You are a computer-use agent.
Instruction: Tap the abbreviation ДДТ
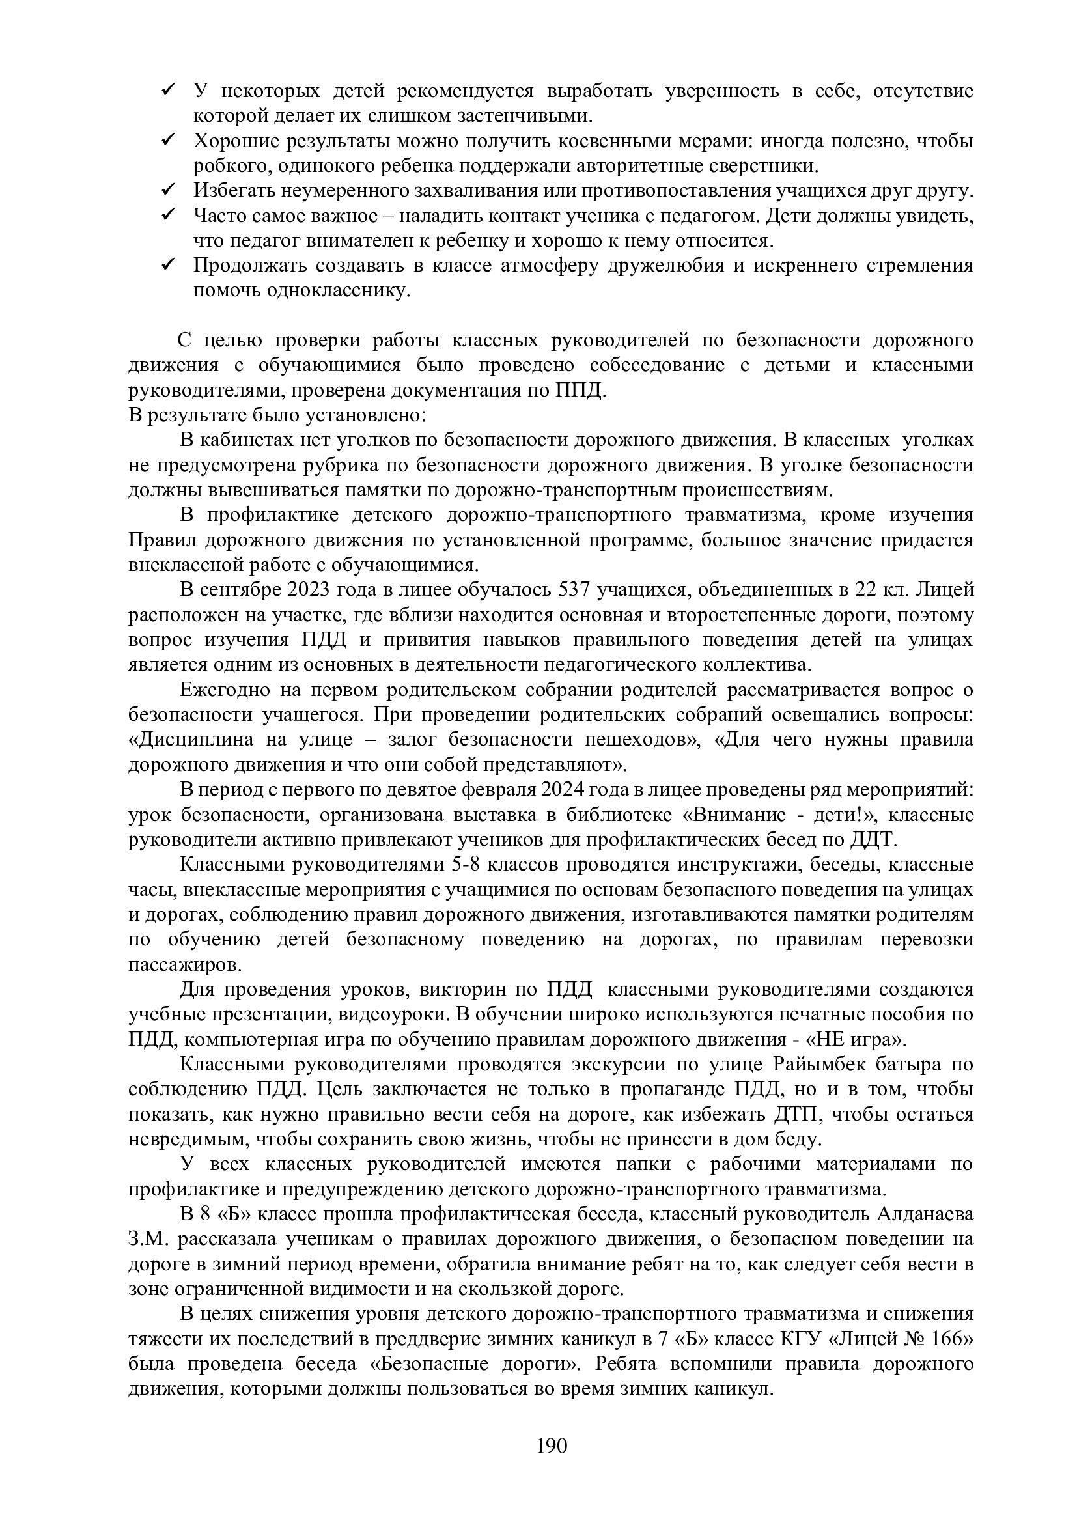873,840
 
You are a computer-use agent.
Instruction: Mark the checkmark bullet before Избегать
167,189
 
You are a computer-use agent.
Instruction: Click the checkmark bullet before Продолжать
167,264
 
